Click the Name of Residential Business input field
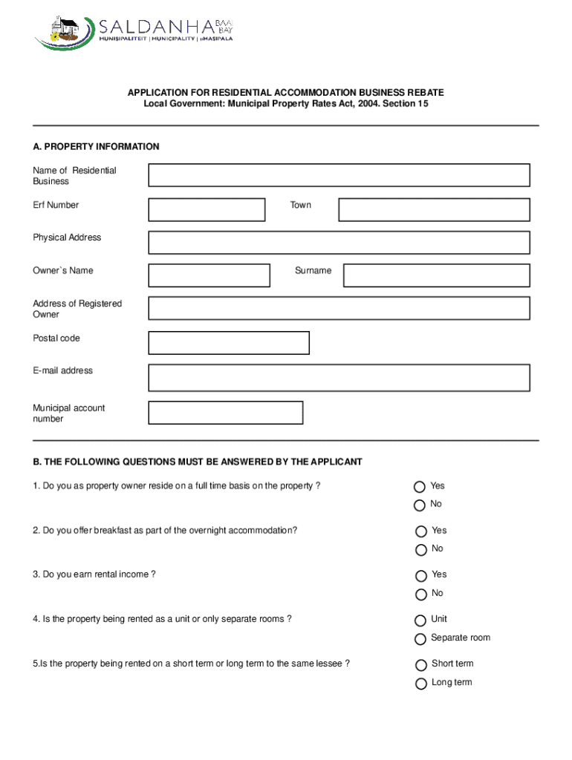click(x=339, y=175)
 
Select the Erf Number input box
click(x=207, y=209)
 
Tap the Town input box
click(x=434, y=209)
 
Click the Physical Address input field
click(x=339, y=242)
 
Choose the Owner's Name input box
click(x=209, y=275)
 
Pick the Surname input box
click(x=436, y=275)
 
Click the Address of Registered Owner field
click(x=339, y=308)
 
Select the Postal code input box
click(x=229, y=343)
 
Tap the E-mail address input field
click(x=339, y=377)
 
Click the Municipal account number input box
click(x=226, y=413)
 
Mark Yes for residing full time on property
click(x=420, y=487)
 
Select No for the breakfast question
click(x=421, y=550)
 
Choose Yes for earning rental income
click(x=421, y=576)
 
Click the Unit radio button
click(x=421, y=620)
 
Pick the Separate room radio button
click(x=421, y=639)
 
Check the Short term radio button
click(x=421, y=665)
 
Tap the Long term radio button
click(x=421, y=684)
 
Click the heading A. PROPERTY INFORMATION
click(x=96, y=147)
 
